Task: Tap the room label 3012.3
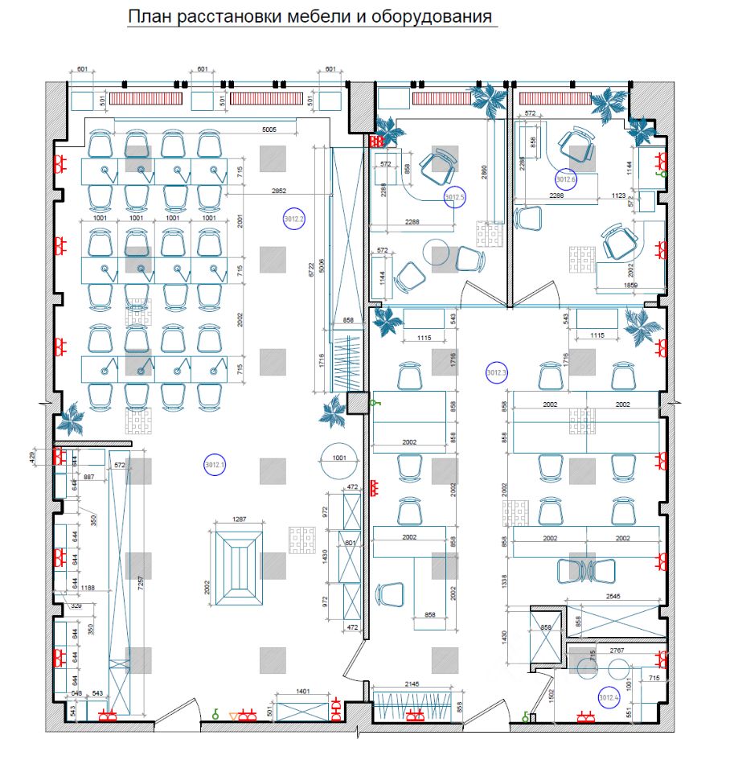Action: coord(498,372)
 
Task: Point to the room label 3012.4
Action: coord(609,697)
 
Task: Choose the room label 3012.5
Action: coord(455,196)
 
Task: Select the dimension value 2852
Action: coord(279,191)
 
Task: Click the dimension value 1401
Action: coord(303,690)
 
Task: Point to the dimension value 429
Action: coord(33,457)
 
